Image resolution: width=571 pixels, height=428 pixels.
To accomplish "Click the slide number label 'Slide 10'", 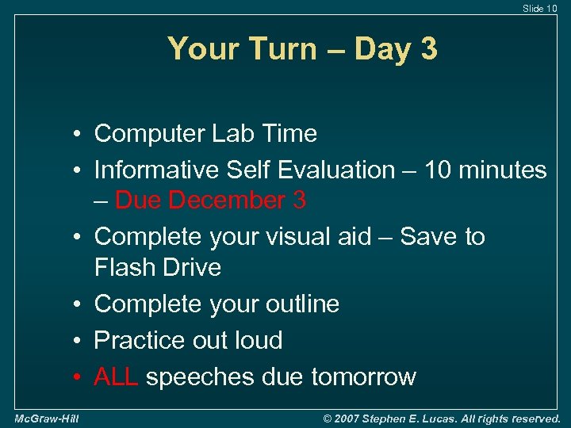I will (x=539, y=8).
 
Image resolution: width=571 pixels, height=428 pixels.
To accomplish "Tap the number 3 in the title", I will (x=428, y=50).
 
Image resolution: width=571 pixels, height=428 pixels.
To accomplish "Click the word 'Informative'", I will (x=158, y=170).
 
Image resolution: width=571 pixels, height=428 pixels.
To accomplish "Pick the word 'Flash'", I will (x=123, y=267).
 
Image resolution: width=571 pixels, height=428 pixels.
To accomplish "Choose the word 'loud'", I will (x=255, y=340).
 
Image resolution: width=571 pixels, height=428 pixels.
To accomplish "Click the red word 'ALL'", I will (x=117, y=376).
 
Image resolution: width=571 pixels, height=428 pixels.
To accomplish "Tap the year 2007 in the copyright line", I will (x=352, y=418).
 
